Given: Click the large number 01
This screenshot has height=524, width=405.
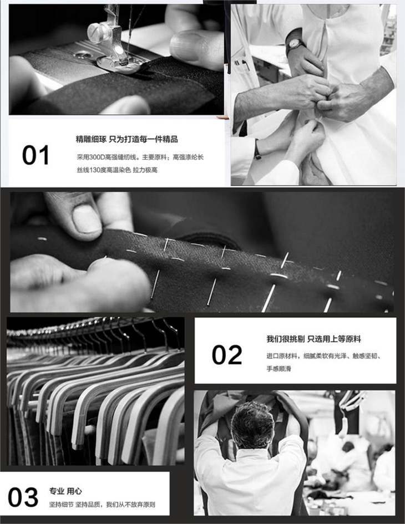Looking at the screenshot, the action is coord(36,155).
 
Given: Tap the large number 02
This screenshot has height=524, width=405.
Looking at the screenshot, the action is coord(227,355).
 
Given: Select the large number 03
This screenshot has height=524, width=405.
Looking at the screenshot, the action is coord(23,497).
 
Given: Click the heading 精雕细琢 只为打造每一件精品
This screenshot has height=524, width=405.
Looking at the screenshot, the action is coord(126,139).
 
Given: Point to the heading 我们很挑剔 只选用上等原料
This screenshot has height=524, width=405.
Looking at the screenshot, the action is coord(313,339).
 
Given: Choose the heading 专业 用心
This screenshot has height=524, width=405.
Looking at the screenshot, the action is coord(65,491).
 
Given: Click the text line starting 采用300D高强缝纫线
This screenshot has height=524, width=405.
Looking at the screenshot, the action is coord(140,157).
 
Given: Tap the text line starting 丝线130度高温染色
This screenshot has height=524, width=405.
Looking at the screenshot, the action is coord(117,170).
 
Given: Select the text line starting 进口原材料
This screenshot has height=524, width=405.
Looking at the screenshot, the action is coord(324,356).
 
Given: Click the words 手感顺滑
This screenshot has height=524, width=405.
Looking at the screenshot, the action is coord(279,369).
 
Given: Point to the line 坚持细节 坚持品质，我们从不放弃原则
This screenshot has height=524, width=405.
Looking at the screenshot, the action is coord(102,505).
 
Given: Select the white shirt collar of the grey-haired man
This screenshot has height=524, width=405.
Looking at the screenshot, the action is coord(252,454).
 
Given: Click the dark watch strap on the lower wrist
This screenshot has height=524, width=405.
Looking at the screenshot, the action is coord(257,150).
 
